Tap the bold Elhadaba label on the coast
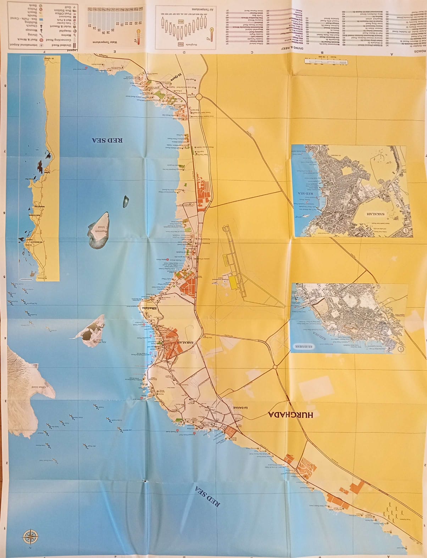(x=146, y=308)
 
